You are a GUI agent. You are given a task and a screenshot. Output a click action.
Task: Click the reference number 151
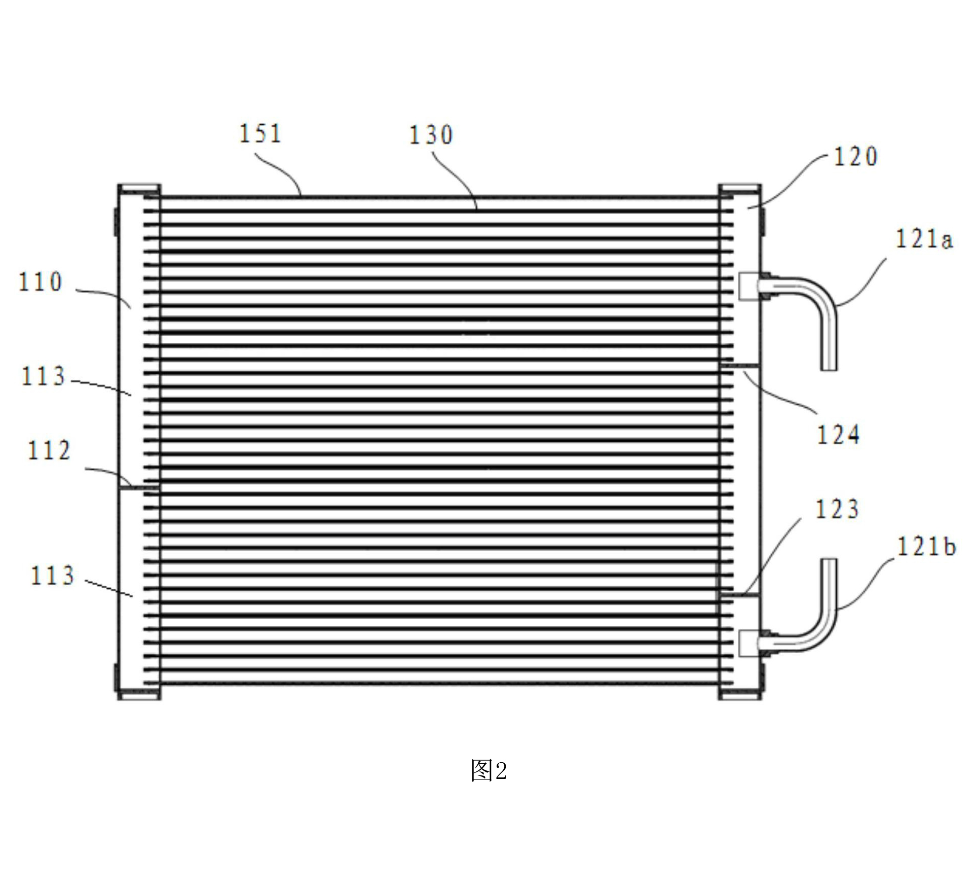(260, 133)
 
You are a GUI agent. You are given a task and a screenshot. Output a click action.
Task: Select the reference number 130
(431, 135)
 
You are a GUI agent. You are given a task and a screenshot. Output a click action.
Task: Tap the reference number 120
(856, 156)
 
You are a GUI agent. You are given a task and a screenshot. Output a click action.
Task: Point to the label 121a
(924, 239)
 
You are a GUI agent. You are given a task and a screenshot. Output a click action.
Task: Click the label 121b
(926, 546)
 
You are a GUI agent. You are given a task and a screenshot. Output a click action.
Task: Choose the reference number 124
(838, 435)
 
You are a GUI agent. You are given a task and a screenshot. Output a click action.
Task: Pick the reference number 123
(837, 509)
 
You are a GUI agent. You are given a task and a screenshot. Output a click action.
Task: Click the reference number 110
(41, 282)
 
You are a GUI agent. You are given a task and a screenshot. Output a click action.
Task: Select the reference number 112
(49, 450)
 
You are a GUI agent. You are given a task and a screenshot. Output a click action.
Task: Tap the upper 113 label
(43, 376)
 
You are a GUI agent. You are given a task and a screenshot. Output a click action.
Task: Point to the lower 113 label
(53, 576)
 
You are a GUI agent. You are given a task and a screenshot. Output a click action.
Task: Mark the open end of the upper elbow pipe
(829, 369)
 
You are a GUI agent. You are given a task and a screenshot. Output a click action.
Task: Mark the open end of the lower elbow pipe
(829, 560)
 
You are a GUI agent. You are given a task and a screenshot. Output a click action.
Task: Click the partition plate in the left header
(139, 488)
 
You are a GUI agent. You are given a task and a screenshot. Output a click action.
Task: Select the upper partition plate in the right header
(740, 365)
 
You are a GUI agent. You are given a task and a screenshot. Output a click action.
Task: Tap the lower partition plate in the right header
(740, 593)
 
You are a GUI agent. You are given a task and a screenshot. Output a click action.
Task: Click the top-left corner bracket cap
(139, 190)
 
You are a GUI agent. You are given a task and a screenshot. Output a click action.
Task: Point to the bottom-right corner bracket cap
(740, 694)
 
